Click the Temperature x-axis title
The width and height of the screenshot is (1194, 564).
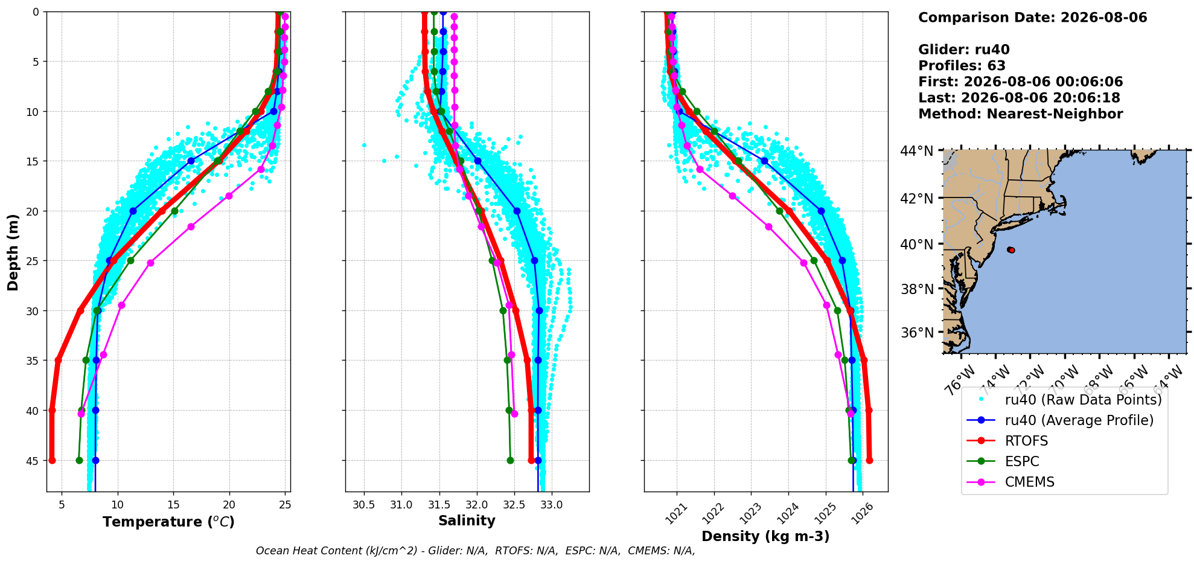(x=168, y=522)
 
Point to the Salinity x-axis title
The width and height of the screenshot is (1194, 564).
(x=467, y=521)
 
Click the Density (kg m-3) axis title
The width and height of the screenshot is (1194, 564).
(x=765, y=536)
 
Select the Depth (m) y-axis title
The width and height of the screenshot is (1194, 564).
(x=13, y=252)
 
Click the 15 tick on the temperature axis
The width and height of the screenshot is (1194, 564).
(x=173, y=504)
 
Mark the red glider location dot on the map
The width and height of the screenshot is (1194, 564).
(x=1010, y=249)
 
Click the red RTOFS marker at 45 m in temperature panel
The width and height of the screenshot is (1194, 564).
(x=52, y=460)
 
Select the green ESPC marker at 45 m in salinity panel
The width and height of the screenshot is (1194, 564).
(x=510, y=460)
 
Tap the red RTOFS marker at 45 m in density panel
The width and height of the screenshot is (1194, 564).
(x=869, y=460)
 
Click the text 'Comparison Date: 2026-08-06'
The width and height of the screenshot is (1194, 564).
(x=1033, y=18)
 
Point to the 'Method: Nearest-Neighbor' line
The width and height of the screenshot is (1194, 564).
(x=1021, y=114)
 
